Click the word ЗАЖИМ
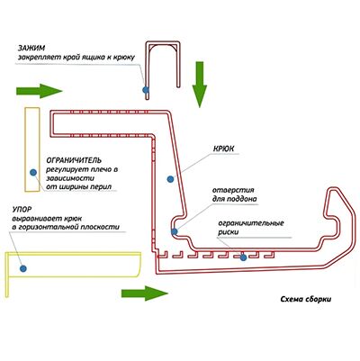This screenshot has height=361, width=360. pyautogui.click(x=31, y=48)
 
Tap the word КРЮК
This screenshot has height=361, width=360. pyautogui.click(x=223, y=149)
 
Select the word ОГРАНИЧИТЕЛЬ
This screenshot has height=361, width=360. pyautogui.click(x=74, y=160)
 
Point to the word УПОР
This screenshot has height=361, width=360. pyautogui.click(x=22, y=209)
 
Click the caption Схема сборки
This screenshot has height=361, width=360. pyautogui.click(x=306, y=299)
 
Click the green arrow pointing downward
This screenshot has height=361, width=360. pyautogui.click(x=200, y=85)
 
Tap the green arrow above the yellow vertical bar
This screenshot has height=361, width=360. pyautogui.click(x=40, y=91)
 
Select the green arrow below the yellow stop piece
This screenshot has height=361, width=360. pyautogui.click(x=145, y=293)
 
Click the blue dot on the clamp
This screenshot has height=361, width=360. pyautogui.click(x=146, y=89)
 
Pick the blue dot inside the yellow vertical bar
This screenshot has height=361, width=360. pyautogui.click(x=33, y=172)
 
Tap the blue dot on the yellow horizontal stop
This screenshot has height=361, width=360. pyautogui.click(x=23, y=268)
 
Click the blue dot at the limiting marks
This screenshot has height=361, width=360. pyautogui.click(x=243, y=257)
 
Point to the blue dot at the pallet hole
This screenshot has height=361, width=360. pyautogui.click(x=175, y=231)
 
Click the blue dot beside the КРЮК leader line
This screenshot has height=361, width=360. pyautogui.click(x=170, y=179)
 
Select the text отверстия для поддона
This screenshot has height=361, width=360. pyautogui.click(x=235, y=194)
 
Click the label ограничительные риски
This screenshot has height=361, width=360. pyautogui.click(x=251, y=228)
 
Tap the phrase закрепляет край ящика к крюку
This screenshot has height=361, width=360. pyautogui.click(x=76, y=57)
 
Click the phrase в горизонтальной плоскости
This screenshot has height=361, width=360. pyautogui.click(x=66, y=227)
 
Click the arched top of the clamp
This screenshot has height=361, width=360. pyautogui.click(x=164, y=44)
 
